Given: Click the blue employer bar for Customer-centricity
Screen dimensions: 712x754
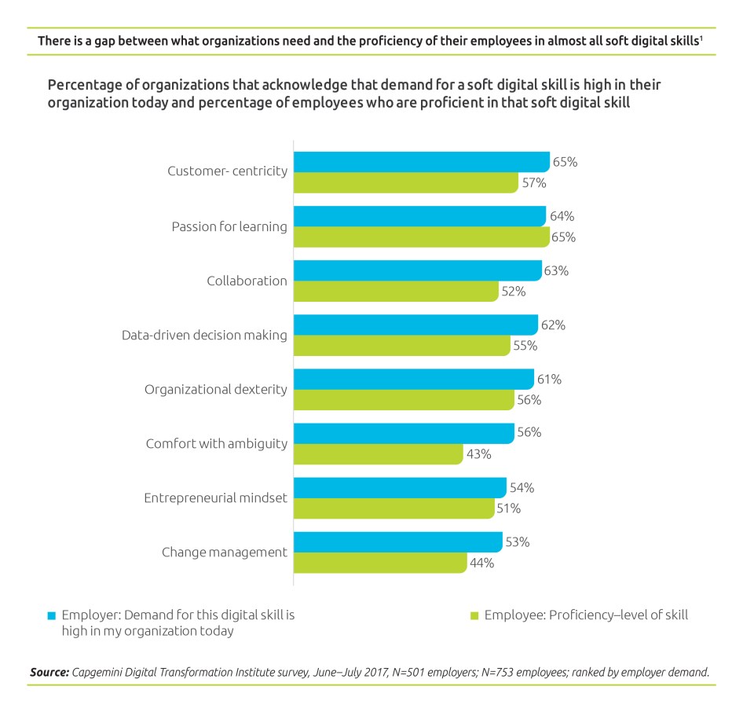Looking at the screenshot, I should pyautogui.click(x=421, y=162).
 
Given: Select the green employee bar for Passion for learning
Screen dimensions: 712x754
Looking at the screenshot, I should pyautogui.click(x=421, y=237).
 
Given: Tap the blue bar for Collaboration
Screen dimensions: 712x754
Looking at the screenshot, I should pyautogui.click(x=417, y=270).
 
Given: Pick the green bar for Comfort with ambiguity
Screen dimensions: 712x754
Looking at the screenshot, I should pyautogui.click(x=378, y=454).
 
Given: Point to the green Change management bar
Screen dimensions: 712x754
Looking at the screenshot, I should pyautogui.click(x=379, y=563).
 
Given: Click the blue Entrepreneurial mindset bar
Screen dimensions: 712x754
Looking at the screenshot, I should pyautogui.click(x=399, y=487).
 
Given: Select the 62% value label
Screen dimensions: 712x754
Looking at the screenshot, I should pyautogui.click(x=553, y=325).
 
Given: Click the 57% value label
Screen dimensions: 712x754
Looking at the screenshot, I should pyautogui.click(x=533, y=183).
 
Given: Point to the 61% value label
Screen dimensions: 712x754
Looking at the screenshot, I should pyautogui.click(x=549, y=379).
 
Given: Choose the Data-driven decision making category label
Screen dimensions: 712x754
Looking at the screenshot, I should pyautogui.click(x=204, y=335).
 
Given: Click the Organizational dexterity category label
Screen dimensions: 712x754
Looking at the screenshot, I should pyautogui.click(x=215, y=389).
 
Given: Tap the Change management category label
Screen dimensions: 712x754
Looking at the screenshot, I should pyautogui.click(x=224, y=552).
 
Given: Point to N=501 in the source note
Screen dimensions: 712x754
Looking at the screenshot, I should pyautogui.click(x=419, y=673).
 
